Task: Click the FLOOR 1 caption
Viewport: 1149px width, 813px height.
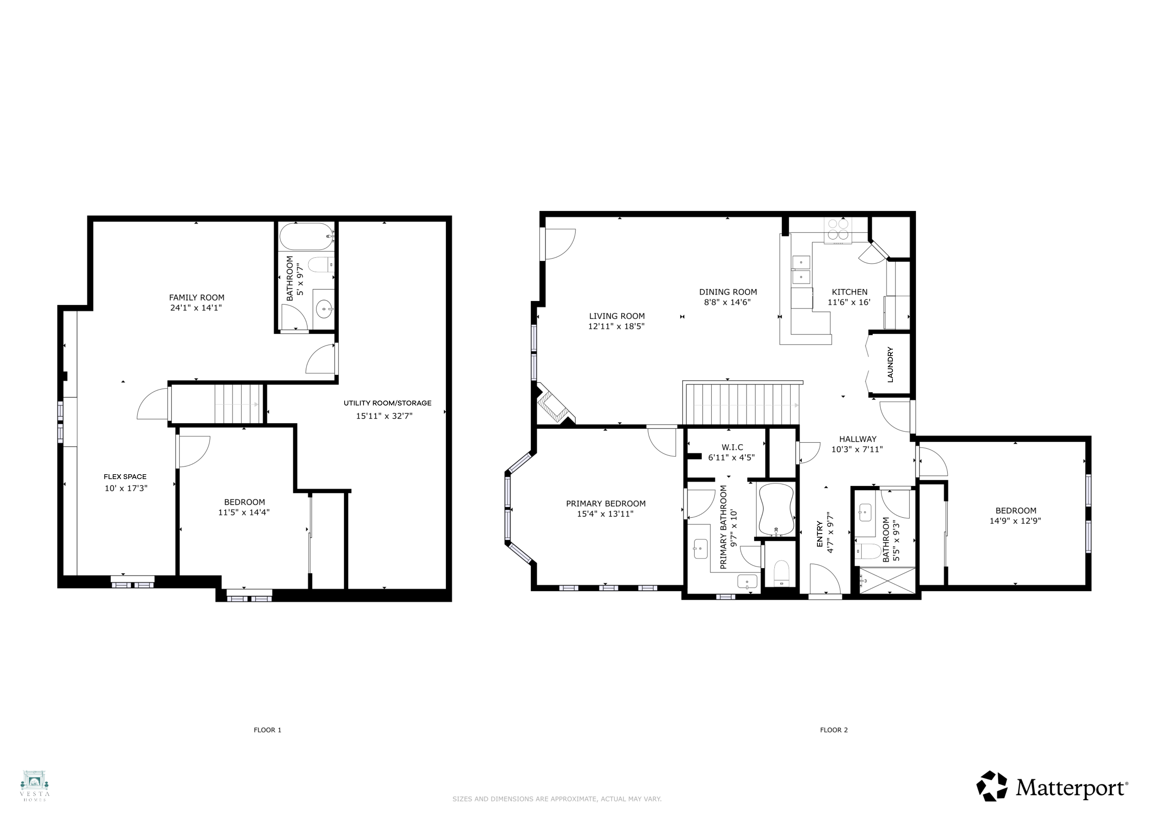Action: click(x=267, y=730)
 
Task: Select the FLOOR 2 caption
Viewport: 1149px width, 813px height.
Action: click(x=834, y=730)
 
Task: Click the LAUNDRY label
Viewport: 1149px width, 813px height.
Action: click(x=890, y=364)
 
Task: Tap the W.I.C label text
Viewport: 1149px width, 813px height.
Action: click(x=732, y=447)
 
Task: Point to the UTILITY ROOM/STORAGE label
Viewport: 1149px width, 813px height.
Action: click(x=387, y=403)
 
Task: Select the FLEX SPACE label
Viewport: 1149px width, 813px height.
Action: click(x=125, y=477)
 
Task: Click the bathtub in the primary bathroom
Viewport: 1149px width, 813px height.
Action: click(x=776, y=509)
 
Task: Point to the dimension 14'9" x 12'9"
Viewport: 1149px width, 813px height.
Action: click(x=1015, y=521)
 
